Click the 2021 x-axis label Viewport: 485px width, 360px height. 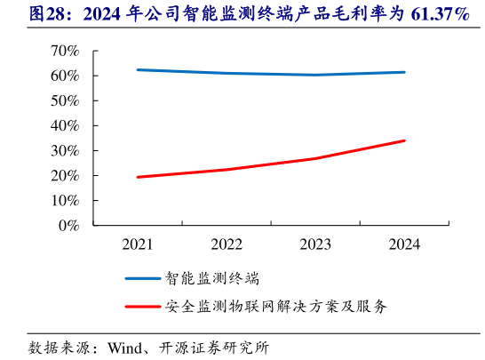(137, 244)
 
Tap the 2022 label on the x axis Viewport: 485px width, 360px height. (227, 244)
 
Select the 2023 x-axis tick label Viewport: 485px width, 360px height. (315, 244)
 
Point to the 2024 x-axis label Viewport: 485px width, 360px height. (404, 244)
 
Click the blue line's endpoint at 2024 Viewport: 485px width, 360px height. (404, 72)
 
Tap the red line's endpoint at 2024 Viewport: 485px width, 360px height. (404, 140)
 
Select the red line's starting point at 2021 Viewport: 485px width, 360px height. (138, 177)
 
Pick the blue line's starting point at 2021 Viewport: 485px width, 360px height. (138, 69)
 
